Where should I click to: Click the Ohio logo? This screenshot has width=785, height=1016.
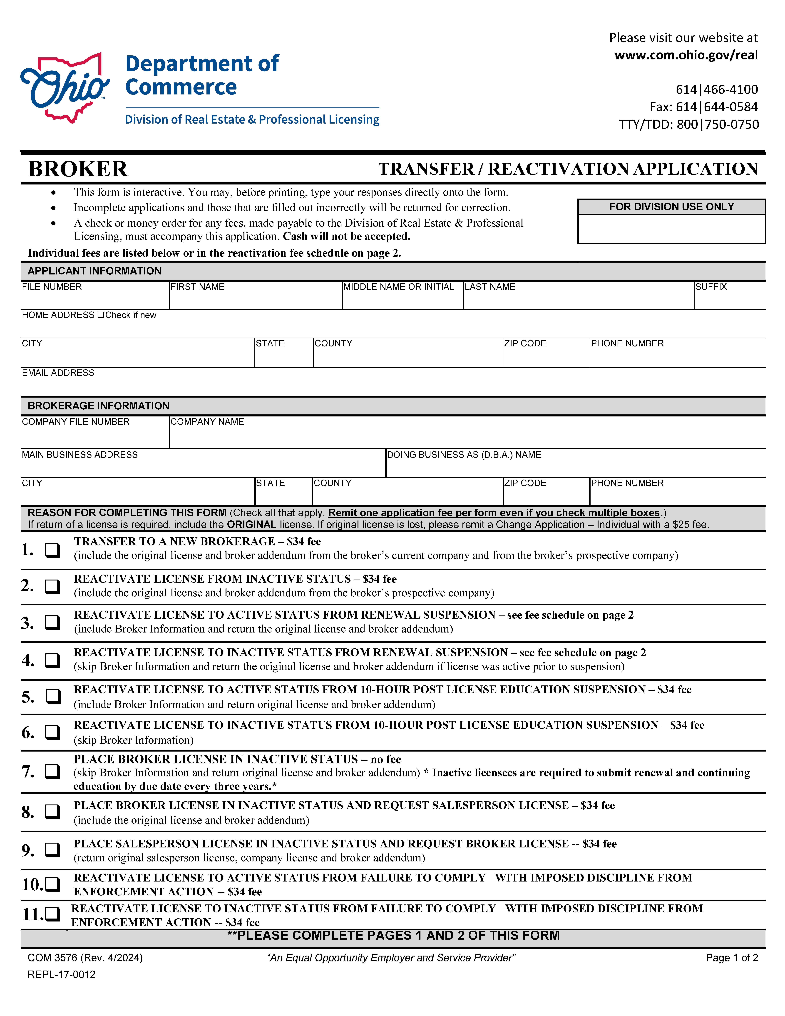65,88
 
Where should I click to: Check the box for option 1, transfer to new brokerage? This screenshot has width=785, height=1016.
52,550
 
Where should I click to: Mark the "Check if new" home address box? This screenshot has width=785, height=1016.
101,315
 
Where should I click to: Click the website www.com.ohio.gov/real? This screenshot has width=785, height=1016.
686,55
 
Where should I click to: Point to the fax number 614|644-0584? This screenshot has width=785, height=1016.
704,107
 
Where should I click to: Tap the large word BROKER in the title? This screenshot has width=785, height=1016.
78,169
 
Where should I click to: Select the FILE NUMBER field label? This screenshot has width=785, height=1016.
52,287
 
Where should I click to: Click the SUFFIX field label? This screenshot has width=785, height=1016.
711,287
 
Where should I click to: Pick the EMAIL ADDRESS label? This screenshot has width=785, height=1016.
58,373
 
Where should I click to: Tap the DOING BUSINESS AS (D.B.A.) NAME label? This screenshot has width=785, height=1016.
464,455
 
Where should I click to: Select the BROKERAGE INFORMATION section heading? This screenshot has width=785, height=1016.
99,406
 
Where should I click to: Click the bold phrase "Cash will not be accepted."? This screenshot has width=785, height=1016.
346,236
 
